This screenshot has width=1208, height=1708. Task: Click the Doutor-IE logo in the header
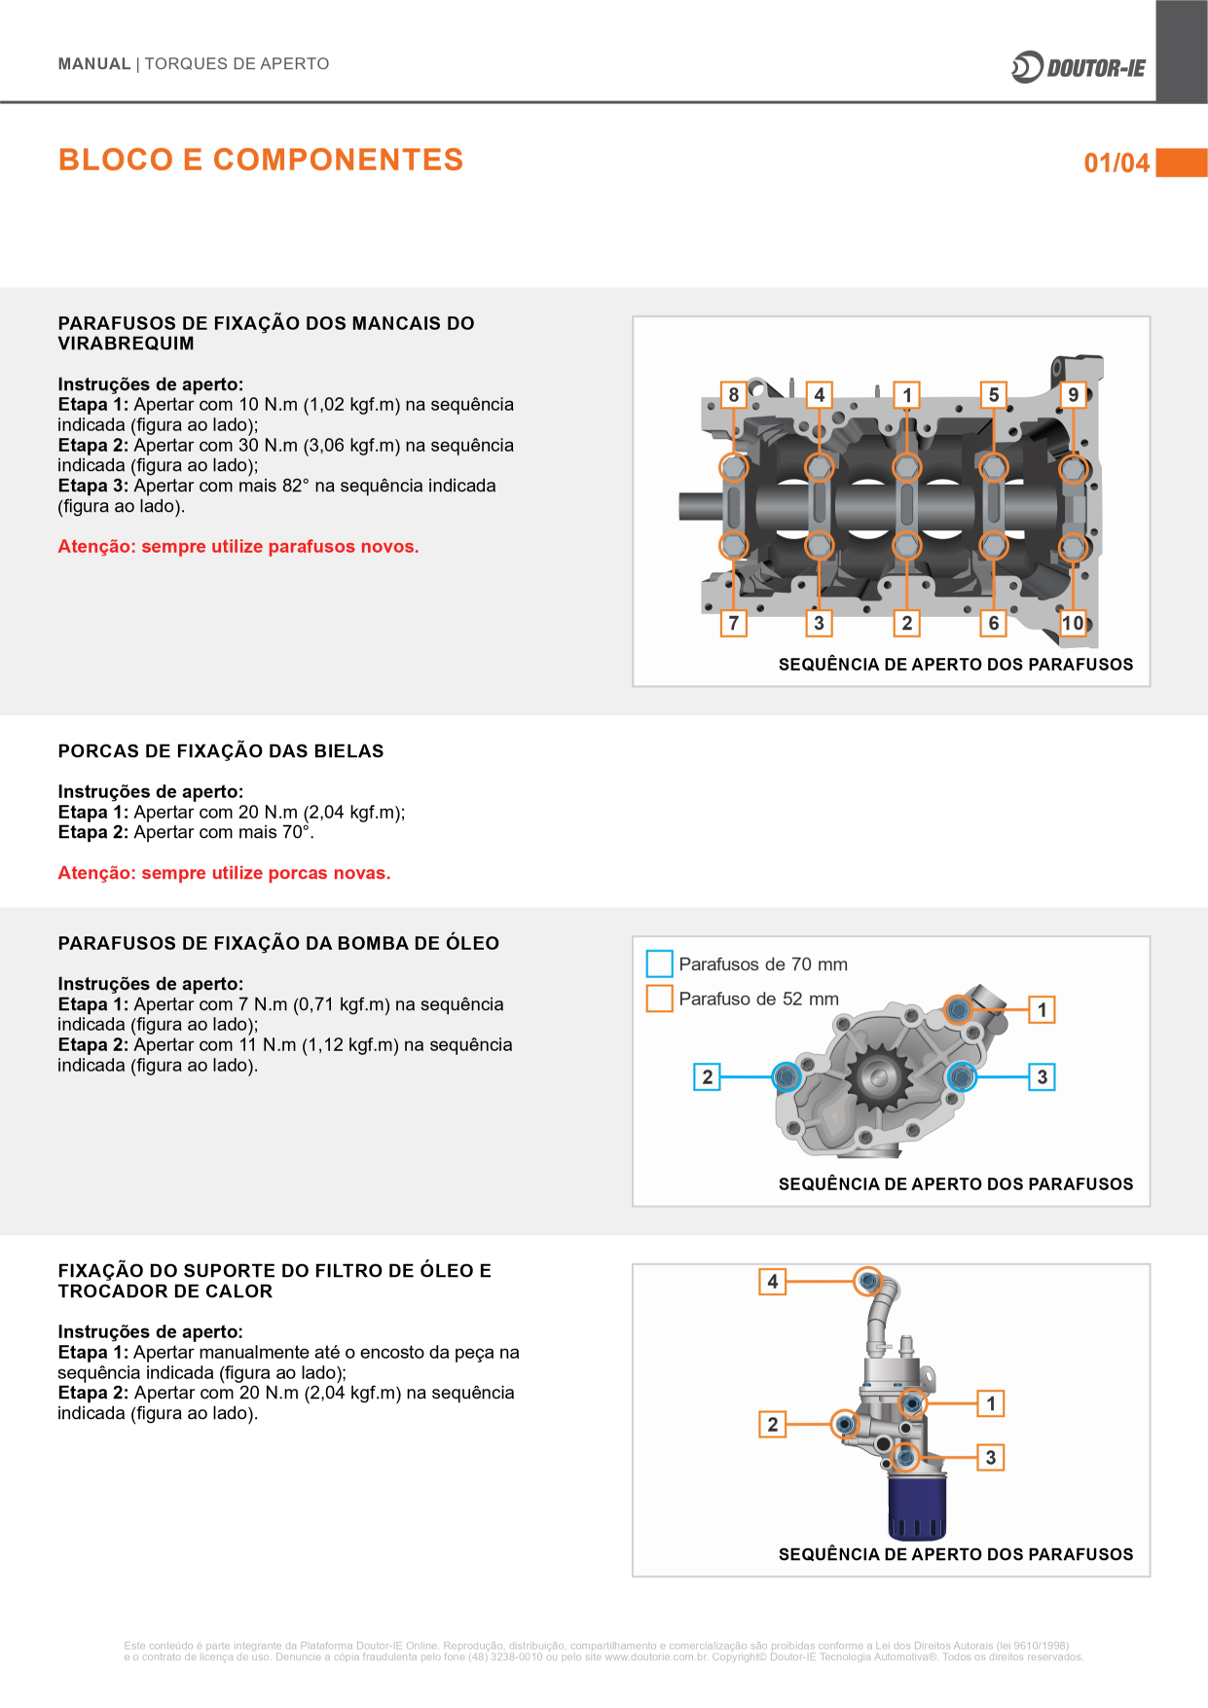coord(1079,67)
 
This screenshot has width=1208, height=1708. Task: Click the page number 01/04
coord(1116,163)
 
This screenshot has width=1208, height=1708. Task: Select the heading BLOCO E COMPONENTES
coord(261,160)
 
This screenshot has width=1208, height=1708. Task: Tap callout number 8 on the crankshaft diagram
coord(733,394)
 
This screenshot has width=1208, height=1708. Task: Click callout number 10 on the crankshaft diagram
coord(1073,623)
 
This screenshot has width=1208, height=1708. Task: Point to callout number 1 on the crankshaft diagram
coord(907,394)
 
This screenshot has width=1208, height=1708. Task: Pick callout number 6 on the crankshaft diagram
coord(993,623)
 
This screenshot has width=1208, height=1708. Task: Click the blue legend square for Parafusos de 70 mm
coord(659,963)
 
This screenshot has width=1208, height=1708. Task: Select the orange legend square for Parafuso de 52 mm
coord(659,999)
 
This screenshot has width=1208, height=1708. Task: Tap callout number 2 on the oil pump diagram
coord(707,1076)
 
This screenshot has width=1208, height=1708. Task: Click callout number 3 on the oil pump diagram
coord(1042,1076)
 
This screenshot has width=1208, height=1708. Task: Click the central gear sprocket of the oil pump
coord(878,1076)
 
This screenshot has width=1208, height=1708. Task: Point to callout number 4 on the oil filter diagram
coord(772,1281)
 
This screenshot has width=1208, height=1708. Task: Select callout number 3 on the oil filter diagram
coord(990,1457)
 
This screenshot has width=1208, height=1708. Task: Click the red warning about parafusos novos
coord(238,547)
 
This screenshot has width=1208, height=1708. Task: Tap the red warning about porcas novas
coord(224,873)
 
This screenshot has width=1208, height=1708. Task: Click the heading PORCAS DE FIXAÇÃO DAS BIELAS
coord(221,751)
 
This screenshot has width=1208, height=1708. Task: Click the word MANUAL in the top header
coord(93,64)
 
